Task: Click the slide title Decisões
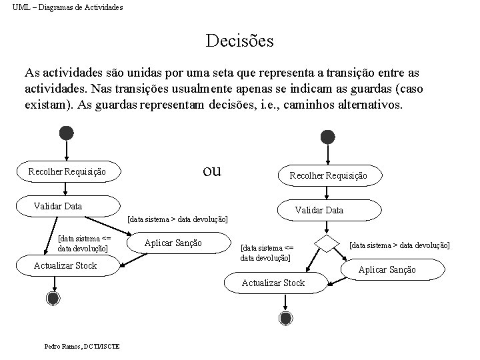[x=239, y=41]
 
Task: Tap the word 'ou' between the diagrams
[x=211, y=170]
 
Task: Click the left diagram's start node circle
[x=66, y=133]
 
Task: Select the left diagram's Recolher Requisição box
[x=67, y=172]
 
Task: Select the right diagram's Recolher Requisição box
[x=327, y=176]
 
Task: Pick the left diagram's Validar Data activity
[x=67, y=206]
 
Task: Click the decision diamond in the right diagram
[x=327, y=244]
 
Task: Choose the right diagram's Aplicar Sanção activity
[x=387, y=269]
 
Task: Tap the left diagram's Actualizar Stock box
[x=65, y=265]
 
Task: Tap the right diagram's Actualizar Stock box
[x=273, y=283]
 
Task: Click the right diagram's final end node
[x=285, y=319]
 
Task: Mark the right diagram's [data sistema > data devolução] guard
[x=399, y=245]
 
